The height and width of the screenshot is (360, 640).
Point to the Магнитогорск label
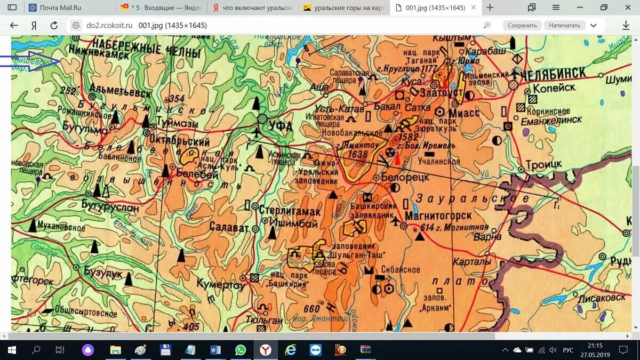click(x=438, y=216)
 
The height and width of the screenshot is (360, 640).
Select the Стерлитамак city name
click(x=290, y=211)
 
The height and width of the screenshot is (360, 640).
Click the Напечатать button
click(x=564, y=25)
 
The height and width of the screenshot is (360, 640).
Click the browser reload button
click(x=53, y=25)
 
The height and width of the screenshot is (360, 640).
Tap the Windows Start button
click(x=12, y=350)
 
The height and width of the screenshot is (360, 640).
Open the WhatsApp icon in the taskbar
click(x=241, y=350)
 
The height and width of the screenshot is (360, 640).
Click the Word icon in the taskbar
click(x=215, y=350)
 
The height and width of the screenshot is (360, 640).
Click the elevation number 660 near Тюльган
click(x=311, y=308)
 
